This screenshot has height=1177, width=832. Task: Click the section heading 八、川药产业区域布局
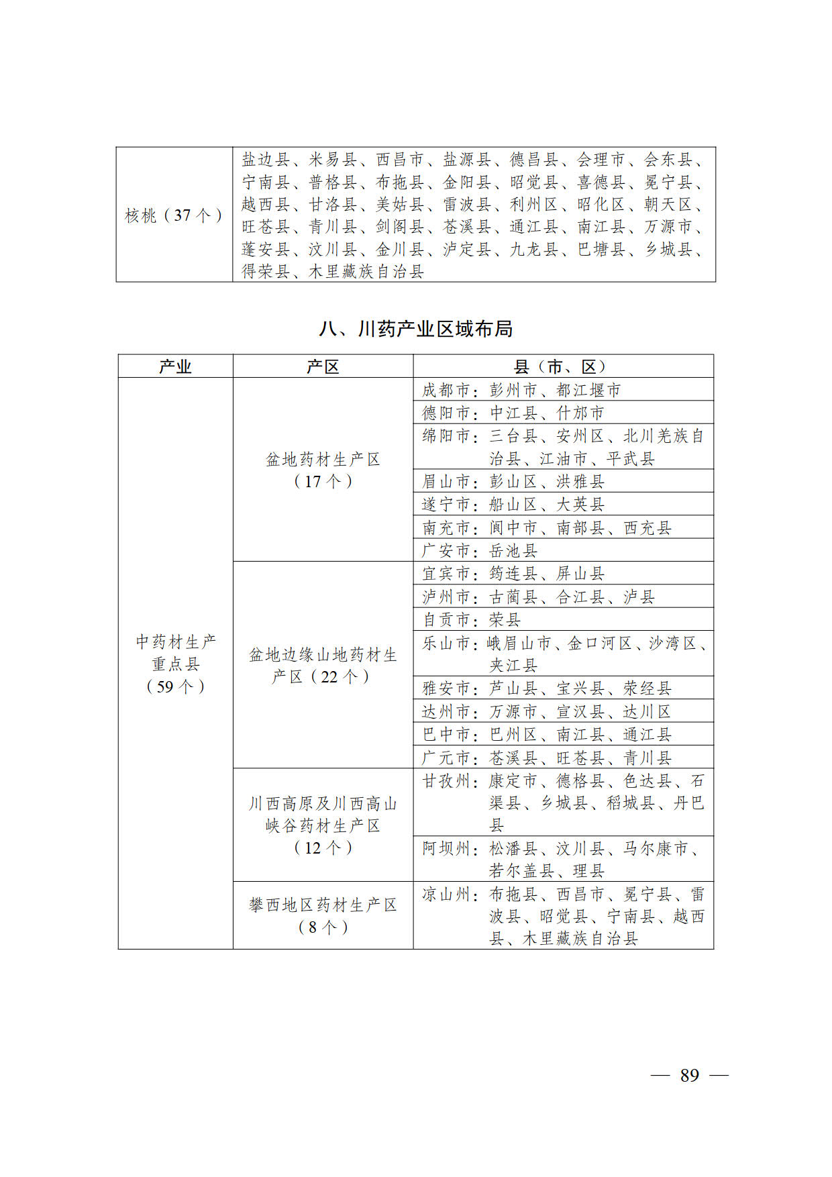(415, 329)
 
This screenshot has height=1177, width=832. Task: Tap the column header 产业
(175, 366)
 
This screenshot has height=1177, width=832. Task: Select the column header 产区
(323, 366)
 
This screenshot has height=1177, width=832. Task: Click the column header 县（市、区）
(562, 366)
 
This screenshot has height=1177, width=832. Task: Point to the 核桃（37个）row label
(174, 215)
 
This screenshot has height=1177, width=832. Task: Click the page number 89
(689, 1075)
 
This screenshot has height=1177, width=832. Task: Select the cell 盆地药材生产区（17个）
(323, 470)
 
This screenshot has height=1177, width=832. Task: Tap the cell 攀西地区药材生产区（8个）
(323, 915)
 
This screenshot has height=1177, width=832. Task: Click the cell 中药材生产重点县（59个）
(175, 664)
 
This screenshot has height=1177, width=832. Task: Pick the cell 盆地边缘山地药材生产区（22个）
(323, 665)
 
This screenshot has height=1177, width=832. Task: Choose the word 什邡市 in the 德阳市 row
(580, 413)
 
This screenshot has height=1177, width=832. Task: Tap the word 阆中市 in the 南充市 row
(513, 527)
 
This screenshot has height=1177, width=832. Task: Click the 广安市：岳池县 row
(480, 550)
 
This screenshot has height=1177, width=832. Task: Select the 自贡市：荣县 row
(471, 619)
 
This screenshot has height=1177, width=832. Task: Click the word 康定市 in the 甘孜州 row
(513, 780)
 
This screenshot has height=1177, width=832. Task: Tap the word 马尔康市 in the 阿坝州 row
(656, 848)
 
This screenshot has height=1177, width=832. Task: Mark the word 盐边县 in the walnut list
(266, 159)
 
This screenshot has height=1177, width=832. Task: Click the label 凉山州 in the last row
(446, 894)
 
